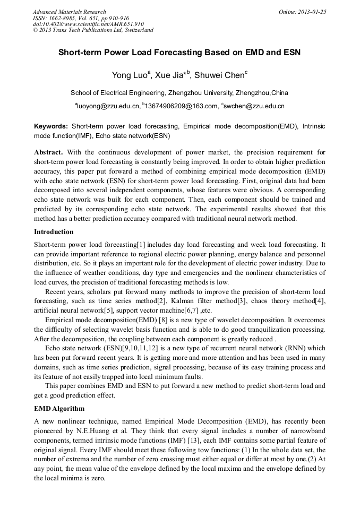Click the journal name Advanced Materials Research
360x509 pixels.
coord(69,12)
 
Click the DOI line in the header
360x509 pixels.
coord(88,24)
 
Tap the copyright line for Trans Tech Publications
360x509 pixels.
coord(93,30)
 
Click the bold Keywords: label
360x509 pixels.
coord(51,127)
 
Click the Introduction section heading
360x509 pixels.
coord(54,232)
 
